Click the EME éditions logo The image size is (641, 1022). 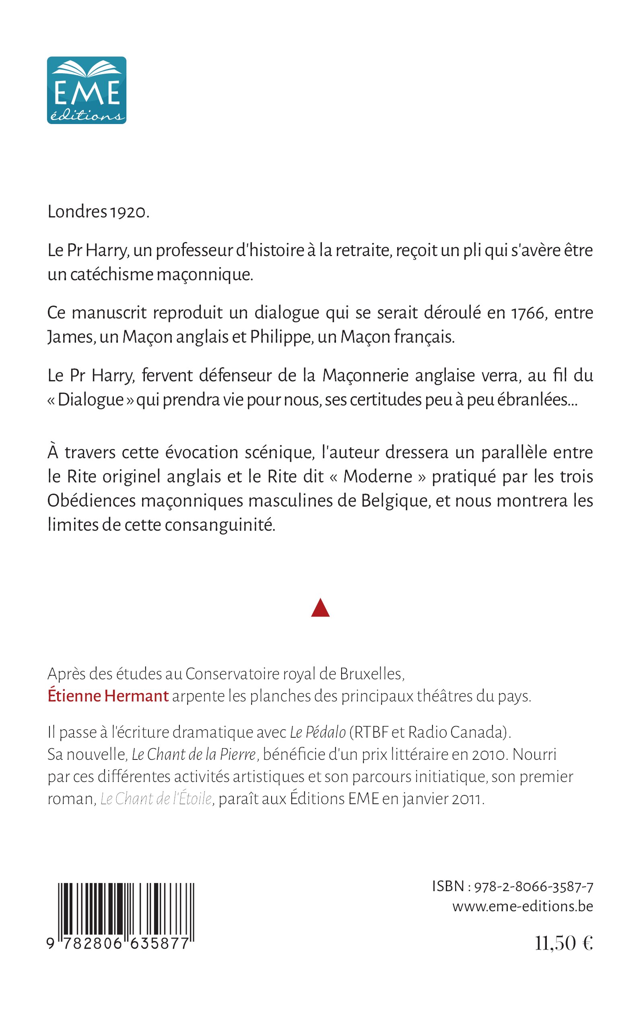click(87, 90)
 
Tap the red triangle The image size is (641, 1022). click(320, 608)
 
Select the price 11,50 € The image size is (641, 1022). click(563, 943)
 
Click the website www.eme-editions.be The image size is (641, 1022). click(522, 906)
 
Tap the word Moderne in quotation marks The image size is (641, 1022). click(378, 476)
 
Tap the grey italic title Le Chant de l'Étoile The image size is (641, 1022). click(156, 799)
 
